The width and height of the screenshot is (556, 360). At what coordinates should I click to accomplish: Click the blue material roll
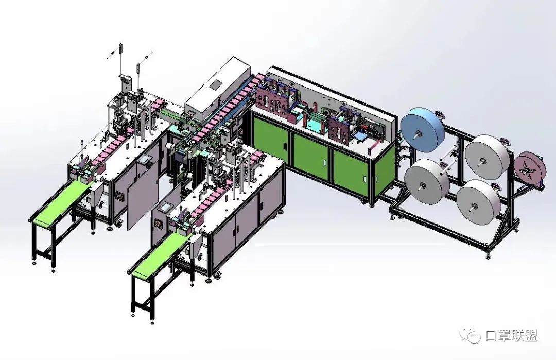(x=422, y=130)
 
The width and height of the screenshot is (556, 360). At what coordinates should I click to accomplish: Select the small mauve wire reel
(x=529, y=169)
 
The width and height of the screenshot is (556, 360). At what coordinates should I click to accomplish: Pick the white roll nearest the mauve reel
(x=487, y=157)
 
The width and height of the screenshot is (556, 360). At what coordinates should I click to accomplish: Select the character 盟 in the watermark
(x=531, y=335)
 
